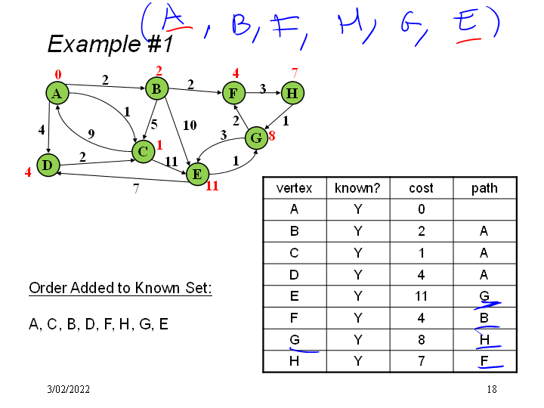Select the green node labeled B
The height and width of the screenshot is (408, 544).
click(156, 89)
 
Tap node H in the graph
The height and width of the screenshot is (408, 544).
click(292, 94)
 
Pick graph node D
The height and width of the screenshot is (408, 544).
click(48, 164)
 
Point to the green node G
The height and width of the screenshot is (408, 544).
click(257, 138)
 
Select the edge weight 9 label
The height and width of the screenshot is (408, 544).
click(91, 134)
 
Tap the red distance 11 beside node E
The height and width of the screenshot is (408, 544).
click(212, 185)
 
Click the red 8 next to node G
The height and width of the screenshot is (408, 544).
click(272, 137)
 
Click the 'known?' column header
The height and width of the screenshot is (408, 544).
click(357, 188)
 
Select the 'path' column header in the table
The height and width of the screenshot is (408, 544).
click(484, 188)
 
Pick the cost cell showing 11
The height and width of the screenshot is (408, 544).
click(421, 296)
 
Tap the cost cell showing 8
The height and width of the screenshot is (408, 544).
click(421, 339)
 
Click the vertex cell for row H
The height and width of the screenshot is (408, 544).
click(294, 361)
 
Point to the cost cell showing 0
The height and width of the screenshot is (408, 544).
click(421, 209)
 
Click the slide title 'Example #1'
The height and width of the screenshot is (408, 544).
click(110, 44)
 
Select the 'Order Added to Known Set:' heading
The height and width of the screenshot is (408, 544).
click(119, 288)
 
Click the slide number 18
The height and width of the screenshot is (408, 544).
click(492, 389)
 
